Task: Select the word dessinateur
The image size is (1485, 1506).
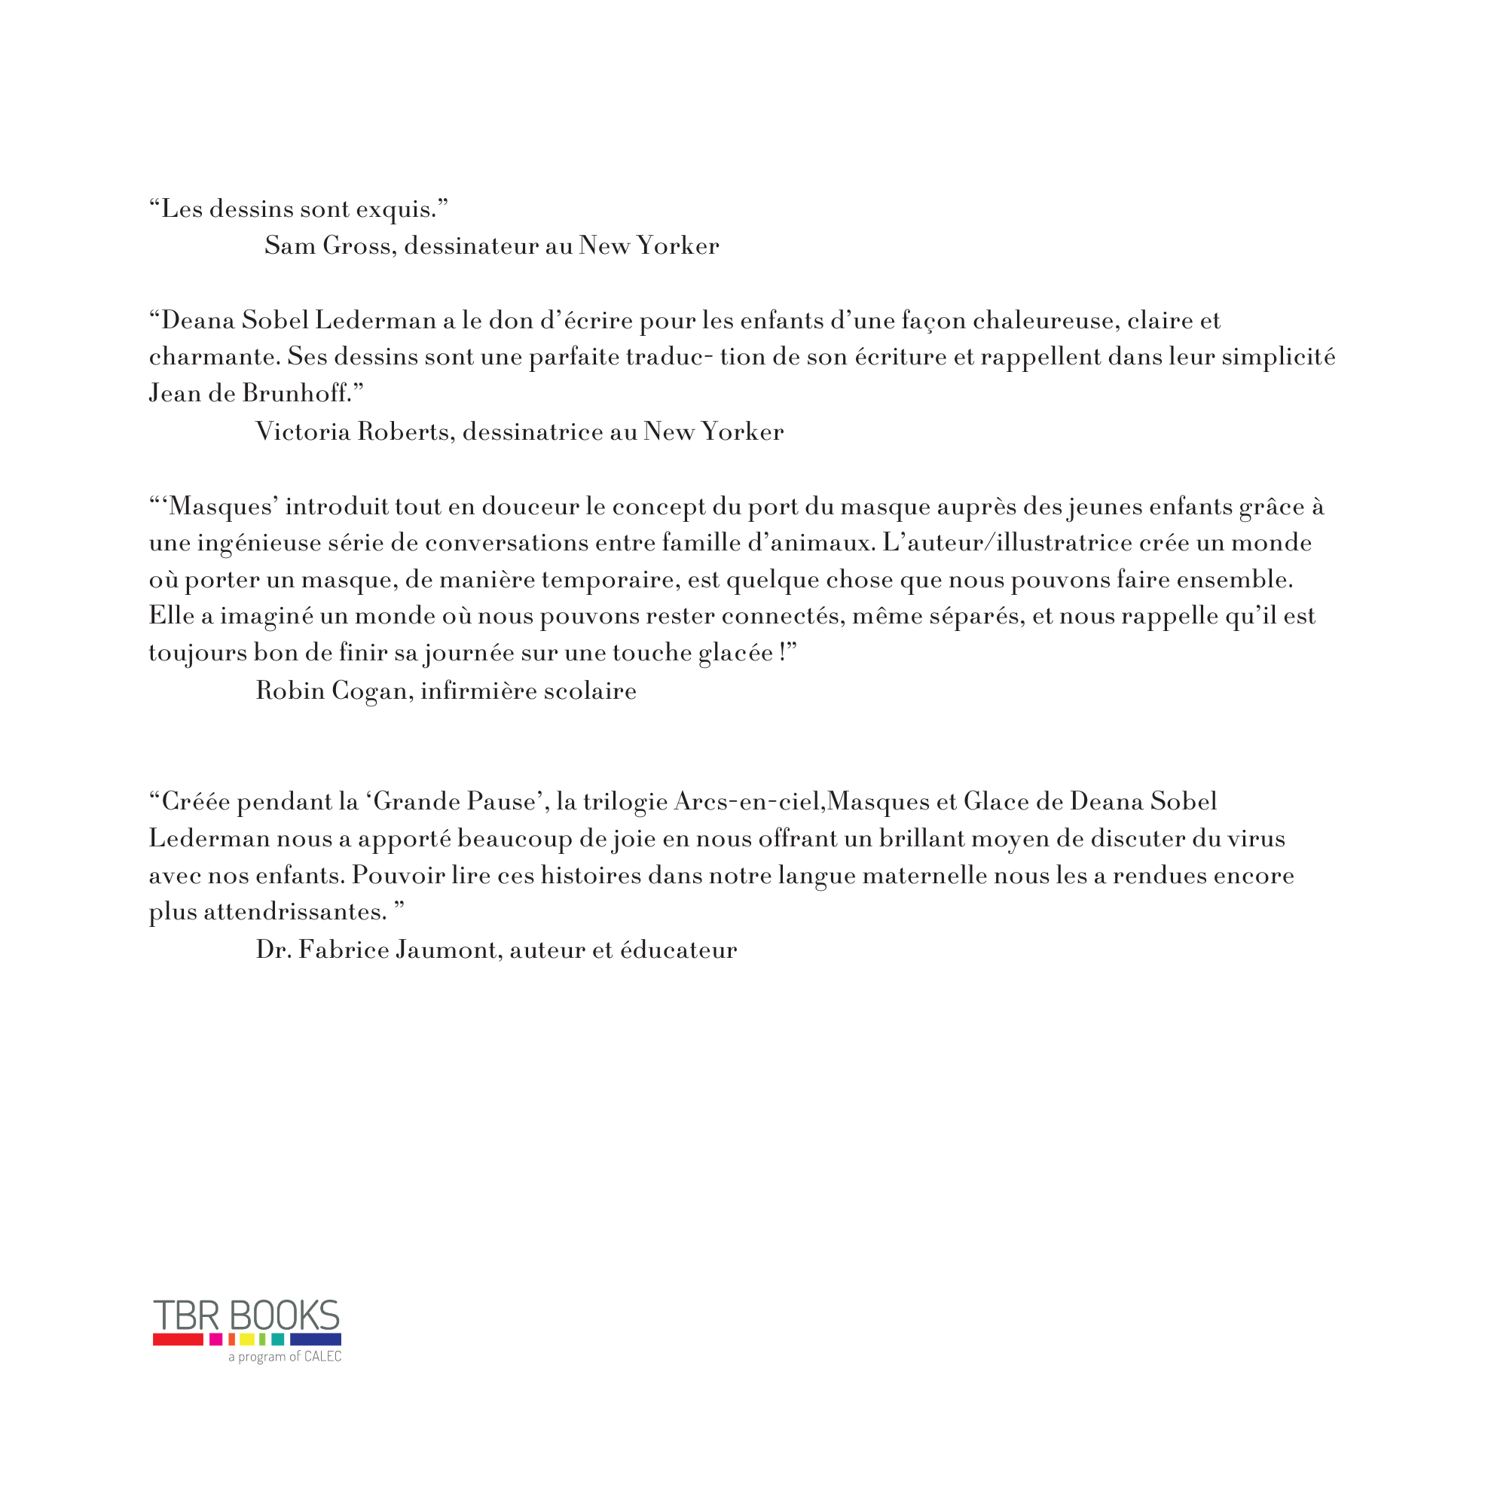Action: [470, 246]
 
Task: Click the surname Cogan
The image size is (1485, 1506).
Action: [370, 691]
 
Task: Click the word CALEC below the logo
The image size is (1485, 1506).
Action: [322, 1357]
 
